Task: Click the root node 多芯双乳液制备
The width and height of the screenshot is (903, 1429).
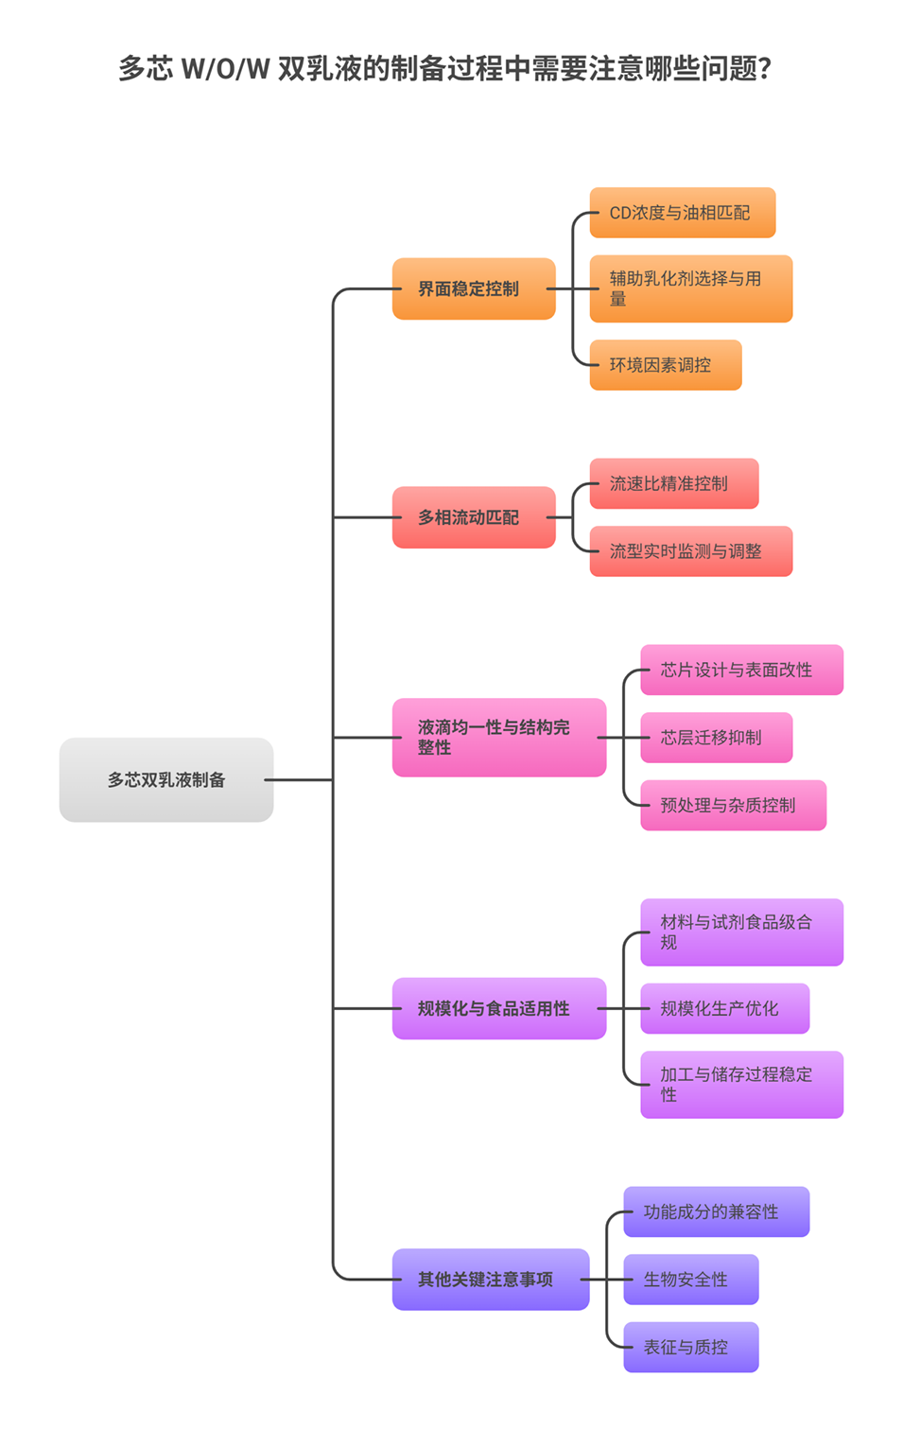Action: (166, 780)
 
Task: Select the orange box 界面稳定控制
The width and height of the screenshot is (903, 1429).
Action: (474, 288)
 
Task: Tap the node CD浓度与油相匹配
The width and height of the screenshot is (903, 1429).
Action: (683, 213)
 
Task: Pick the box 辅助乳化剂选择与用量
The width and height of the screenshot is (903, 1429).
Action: (691, 288)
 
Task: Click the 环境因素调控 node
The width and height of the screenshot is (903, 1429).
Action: (666, 365)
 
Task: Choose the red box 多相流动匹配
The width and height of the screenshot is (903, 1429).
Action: (474, 517)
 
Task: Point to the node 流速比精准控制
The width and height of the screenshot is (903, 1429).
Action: (674, 484)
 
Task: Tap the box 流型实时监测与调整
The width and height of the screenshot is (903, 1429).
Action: (691, 551)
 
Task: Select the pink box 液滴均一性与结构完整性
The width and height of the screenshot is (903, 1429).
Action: (499, 738)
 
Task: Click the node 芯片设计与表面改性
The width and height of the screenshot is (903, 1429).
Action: (742, 670)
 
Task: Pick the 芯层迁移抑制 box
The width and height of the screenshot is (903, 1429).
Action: (717, 738)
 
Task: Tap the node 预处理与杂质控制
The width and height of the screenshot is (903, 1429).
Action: (734, 806)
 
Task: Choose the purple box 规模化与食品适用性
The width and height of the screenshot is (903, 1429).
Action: (499, 1008)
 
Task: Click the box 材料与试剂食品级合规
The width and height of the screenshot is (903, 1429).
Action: (742, 932)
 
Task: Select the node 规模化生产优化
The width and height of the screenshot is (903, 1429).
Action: (725, 1008)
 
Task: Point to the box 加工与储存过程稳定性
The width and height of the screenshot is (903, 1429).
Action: (742, 1085)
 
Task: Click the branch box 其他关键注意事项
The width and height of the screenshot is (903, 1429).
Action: (491, 1280)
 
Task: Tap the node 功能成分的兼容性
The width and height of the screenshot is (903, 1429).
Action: (717, 1211)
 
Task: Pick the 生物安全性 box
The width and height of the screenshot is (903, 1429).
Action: (691, 1280)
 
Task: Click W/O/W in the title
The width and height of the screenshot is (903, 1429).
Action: (225, 69)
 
